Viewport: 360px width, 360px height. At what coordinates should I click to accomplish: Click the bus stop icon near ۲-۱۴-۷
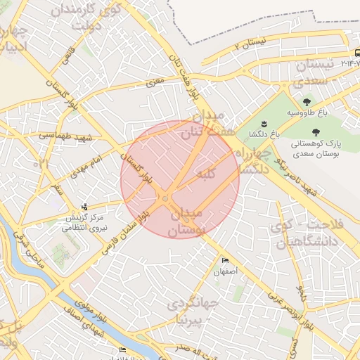[x=356, y=53]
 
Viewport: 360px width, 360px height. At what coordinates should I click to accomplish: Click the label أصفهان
[x=226, y=271]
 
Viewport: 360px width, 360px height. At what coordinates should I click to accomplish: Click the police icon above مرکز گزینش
[x=85, y=207]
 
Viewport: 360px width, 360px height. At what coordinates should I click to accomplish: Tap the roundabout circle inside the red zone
[x=165, y=199]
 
